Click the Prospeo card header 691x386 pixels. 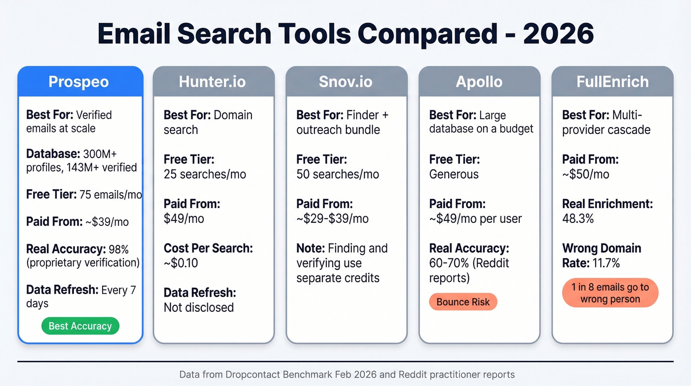point(78,82)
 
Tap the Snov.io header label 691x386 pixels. point(346,82)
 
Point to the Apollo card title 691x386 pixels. point(479,82)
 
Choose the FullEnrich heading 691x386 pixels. point(613,82)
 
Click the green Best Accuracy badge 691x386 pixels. point(80,326)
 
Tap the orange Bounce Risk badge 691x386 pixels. point(463,302)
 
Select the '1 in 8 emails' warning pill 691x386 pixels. point(610,293)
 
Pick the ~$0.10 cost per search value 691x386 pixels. point(181,263)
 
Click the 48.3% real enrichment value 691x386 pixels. point(577,218)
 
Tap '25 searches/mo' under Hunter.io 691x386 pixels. point(205,174)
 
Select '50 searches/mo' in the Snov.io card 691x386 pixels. point(338,174)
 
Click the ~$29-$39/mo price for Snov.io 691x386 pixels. point(332,218)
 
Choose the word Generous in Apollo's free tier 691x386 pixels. point(454,174)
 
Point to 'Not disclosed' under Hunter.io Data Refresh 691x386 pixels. point(198,307)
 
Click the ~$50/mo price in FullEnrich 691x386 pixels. point(585,174)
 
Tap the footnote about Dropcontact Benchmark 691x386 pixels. point(346,374)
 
